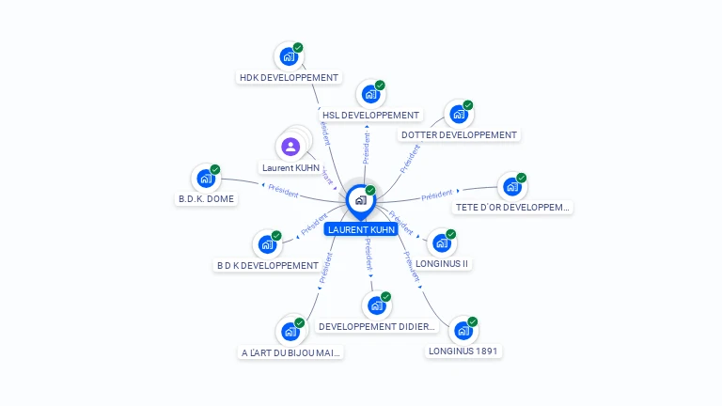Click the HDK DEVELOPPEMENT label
[289, 78]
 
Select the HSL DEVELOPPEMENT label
[370, 116]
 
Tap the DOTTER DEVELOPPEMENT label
[459, 135]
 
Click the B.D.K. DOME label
[206, 199]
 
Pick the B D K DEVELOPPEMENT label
[268, 266]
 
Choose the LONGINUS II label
[442, 264]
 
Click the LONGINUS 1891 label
[463, 351]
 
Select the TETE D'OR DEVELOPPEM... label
[512, 207]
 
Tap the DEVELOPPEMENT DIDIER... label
[377, 327]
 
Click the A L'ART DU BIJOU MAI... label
[290, 353]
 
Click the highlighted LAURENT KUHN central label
[361, 229]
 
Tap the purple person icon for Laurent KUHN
[290, 146]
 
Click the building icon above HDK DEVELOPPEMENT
[289, 56]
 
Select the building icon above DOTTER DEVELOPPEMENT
[459, 114]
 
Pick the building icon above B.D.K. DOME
[206, 178]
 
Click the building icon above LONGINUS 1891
[463, 331]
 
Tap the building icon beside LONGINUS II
[442, 243]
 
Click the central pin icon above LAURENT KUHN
[360, 200]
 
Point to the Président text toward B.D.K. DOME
[283, 191]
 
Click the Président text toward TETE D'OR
[437, 195]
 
